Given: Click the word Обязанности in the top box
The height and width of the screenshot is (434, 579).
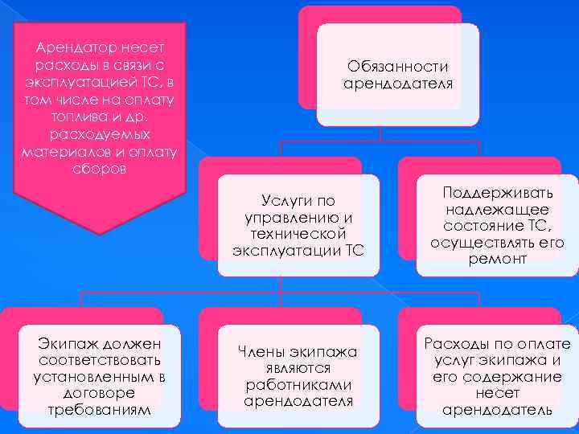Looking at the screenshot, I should pyautogui.click(x=397, y=67).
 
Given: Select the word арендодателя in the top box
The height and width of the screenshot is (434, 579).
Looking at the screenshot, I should pyautogui.click(x=397, y=84).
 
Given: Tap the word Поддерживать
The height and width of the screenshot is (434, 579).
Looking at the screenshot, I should pyautogui.click(x=498, y=193).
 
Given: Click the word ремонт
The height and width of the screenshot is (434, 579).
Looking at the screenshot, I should pyautogui.click(x=498, y=260).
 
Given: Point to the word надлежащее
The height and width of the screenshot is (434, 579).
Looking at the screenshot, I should pyautogui.click(x=498, y=210).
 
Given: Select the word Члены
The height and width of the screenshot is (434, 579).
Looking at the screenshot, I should pyautogui.click(x=265, y=351).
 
